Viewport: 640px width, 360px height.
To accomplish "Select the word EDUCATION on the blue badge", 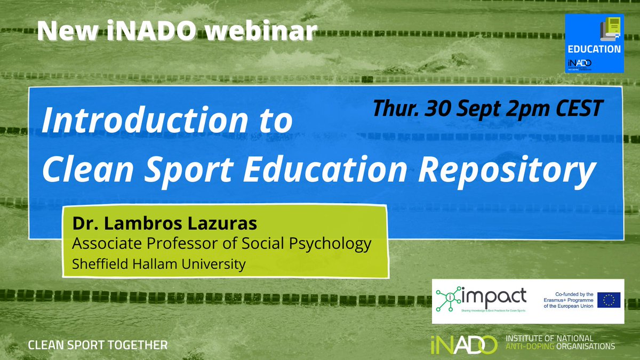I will click(594, 49).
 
